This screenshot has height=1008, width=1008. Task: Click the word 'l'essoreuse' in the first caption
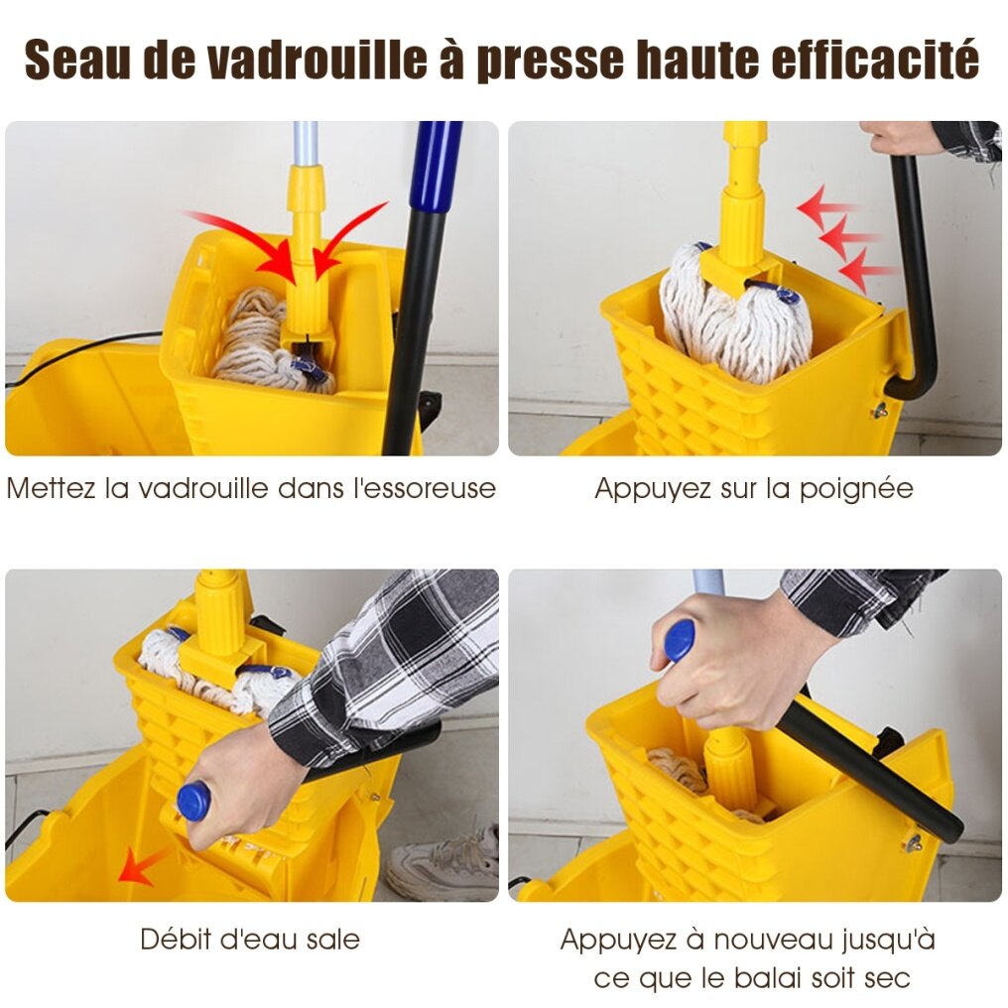[x=425, y=488]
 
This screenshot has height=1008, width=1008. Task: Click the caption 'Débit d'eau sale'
[x=249, y=940]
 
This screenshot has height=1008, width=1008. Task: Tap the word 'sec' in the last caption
[x=888, y=978]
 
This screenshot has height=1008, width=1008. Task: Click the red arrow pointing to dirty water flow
[x=143, y=865]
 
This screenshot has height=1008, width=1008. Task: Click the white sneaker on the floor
[x=443, y=861]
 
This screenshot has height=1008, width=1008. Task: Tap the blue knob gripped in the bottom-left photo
[x=193, y=801]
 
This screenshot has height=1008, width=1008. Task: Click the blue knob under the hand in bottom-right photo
[x=679, y=640]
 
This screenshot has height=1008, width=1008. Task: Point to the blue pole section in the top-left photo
[x=438, y=167]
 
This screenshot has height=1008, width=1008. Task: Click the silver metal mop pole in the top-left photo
[x=306, y=143]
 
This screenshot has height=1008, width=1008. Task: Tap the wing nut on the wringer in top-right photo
[x=881, y=410]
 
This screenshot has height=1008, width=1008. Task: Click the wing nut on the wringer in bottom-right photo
[x=912, y=841]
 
